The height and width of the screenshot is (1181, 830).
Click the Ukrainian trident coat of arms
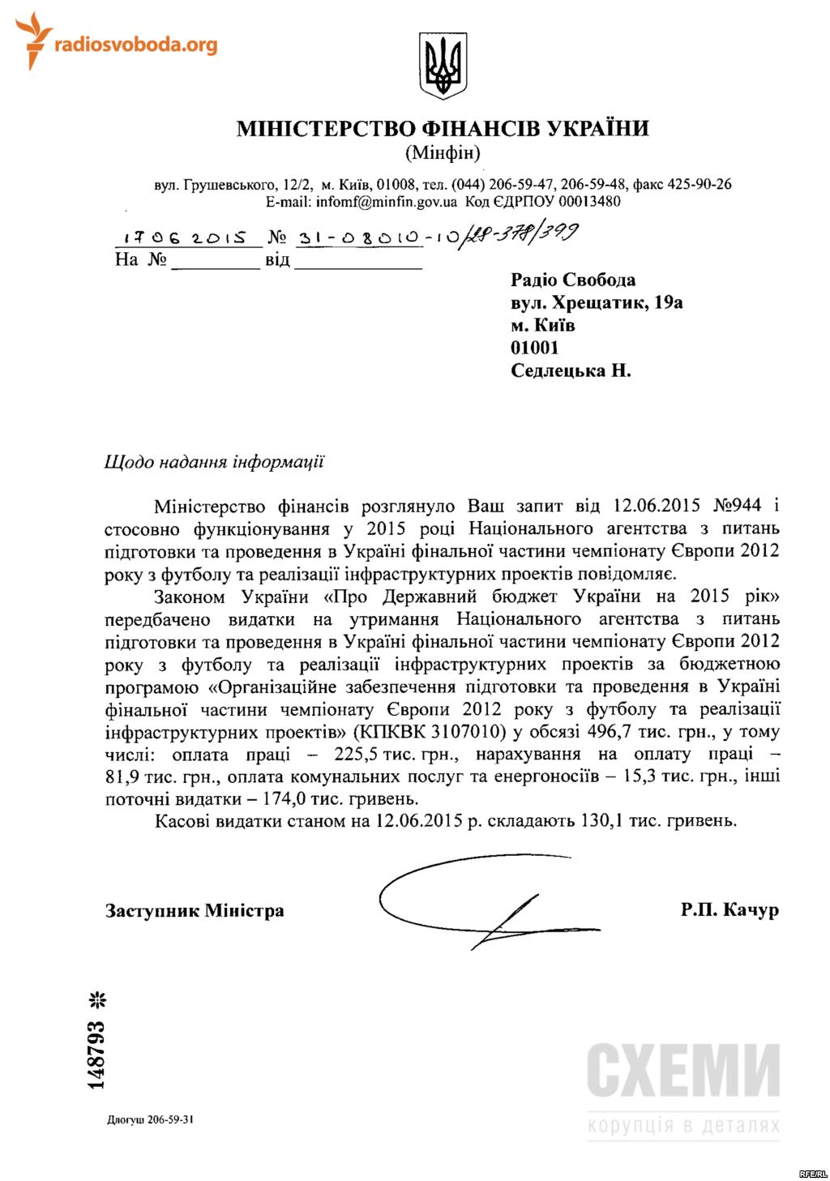443,66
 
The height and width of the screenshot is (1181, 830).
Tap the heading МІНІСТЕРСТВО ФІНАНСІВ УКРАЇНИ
443,129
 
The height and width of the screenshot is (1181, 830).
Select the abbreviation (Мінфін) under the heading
443,152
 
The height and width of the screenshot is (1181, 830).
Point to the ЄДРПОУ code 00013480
588,202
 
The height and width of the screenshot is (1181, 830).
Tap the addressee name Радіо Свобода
573,280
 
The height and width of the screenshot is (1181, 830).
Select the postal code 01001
535,349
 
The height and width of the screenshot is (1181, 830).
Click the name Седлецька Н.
571,371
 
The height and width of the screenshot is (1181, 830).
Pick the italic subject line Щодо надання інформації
214,462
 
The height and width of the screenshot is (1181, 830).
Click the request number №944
737,506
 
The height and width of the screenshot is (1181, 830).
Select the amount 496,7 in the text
614,732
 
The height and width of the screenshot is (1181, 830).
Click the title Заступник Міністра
195,910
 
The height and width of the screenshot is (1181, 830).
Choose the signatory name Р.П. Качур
729,909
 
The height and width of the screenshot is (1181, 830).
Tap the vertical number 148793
96,1055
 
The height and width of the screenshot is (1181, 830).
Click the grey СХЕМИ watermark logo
683,1071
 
